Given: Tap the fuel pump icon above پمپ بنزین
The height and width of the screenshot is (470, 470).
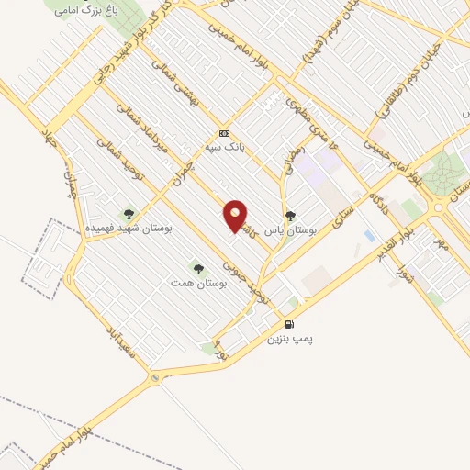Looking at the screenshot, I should tap(291, 324).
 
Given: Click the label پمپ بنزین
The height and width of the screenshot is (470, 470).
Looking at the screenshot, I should tap(290, 339).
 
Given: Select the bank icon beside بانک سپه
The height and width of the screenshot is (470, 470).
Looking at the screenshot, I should tap(224, 132).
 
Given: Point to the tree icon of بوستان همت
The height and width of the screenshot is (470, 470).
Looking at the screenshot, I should tap(198, 268).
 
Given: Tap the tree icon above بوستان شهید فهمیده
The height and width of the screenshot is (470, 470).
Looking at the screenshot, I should tap(128, 213).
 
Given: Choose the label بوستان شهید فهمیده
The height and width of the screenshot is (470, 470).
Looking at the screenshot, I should tap(129, 227).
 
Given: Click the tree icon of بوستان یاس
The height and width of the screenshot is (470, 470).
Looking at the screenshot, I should tap(291, 217).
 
